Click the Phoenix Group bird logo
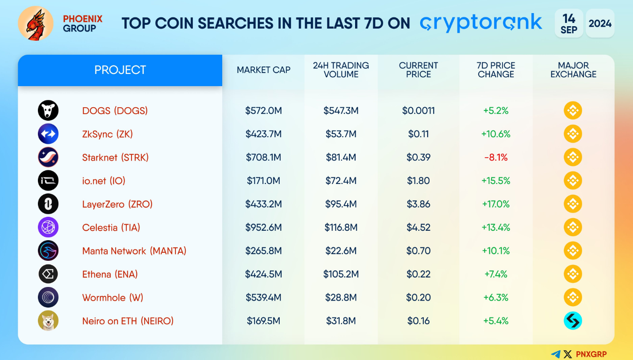[36, 23]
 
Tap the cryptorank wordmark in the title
[481, 23]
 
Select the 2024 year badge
[600, 23]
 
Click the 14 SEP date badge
[569, 23]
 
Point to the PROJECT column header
[120, 70]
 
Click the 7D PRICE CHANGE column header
[496, 70]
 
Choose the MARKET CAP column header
[263, 70]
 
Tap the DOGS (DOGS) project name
[115, 111]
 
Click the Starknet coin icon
[48, 157]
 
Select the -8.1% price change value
[496, 158]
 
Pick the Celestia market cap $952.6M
[263, 228]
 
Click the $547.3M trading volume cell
[341, 111]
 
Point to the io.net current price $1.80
[418, 181]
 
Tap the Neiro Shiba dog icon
[48, 321]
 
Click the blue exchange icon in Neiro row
[573, 321]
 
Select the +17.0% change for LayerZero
[496, 204]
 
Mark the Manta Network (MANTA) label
[134, 251]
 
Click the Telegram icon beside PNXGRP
[556, 354]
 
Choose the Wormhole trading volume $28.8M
[341, 298]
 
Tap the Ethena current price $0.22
[418, 274]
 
